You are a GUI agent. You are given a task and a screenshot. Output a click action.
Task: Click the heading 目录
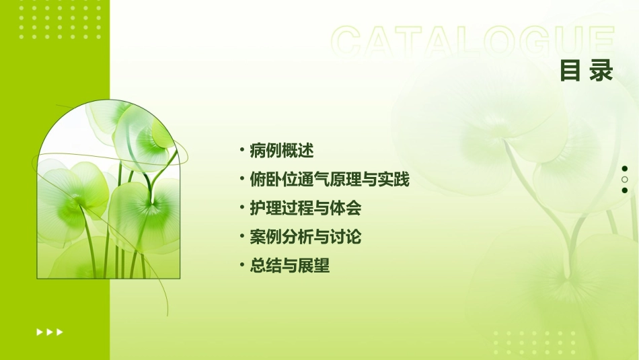point(587,71)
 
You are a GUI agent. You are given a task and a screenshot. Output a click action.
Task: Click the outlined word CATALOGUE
point(472,42)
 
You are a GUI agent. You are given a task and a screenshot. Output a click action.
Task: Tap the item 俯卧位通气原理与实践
point(329,180)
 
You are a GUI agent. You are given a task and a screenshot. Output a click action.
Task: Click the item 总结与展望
point(290,266)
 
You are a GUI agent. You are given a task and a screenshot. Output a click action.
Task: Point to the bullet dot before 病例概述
point(241,150)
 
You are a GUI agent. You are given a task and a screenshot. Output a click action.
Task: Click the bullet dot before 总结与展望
point(241,266)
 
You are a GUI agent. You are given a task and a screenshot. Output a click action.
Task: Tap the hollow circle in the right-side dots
point(625,180)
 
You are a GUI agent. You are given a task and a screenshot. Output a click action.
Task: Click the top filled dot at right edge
point(625,169)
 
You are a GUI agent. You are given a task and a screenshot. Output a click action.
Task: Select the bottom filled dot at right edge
point(625,190)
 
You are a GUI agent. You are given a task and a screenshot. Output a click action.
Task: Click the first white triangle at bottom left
point(39,332)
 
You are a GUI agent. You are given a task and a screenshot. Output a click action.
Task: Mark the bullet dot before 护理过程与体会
point(241,208)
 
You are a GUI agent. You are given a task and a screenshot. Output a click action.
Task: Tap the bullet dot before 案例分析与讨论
point(241,237)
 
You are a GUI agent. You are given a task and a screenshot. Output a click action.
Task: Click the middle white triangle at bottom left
point(50,332)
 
